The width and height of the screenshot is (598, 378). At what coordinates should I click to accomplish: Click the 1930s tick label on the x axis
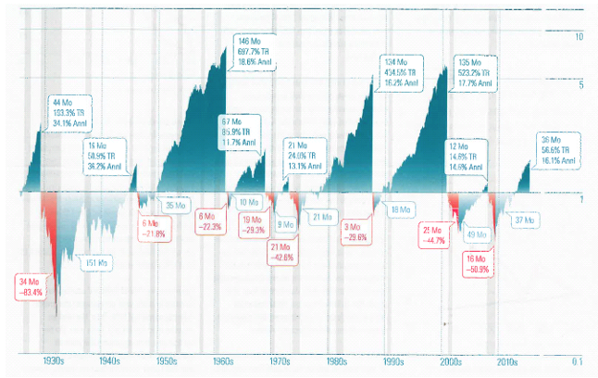pos(53,362)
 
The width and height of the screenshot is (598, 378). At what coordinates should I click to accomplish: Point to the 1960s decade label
pos(223,362)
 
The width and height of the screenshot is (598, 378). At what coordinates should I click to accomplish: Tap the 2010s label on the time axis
pos(507,362)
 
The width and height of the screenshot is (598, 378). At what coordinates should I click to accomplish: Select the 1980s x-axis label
pos(337,362)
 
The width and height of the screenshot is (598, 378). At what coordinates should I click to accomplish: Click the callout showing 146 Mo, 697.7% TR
pos(255,51)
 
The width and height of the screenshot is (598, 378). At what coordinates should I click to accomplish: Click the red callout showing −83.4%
pos(31,286)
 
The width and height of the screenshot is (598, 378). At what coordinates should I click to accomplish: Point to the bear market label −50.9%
pos(477,263)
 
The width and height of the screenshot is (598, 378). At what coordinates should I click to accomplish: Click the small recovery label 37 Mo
pos(525,220)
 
